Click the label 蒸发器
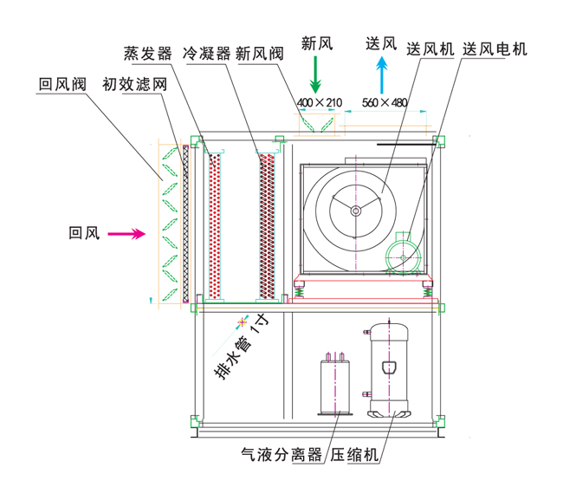click(x=147, y=54)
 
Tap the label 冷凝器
click(x=207, y=54)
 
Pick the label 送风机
click(x=430, y=49)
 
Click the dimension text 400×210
click(x=319, y=103)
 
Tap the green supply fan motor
click(x=404, y=255)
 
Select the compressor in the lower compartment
click(x=389, y=368)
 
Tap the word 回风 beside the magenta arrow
click(x=84, y=232)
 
